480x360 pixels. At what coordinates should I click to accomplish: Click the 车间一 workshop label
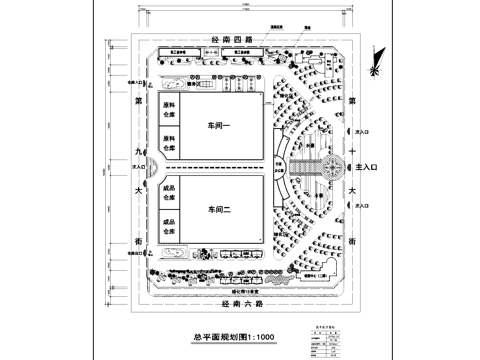coord(219,126)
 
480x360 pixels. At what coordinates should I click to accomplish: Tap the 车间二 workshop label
coord(219,210)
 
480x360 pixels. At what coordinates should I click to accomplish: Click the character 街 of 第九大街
coord(139,242)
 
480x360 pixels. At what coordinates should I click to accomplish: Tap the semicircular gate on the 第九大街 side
coord(151,169)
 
